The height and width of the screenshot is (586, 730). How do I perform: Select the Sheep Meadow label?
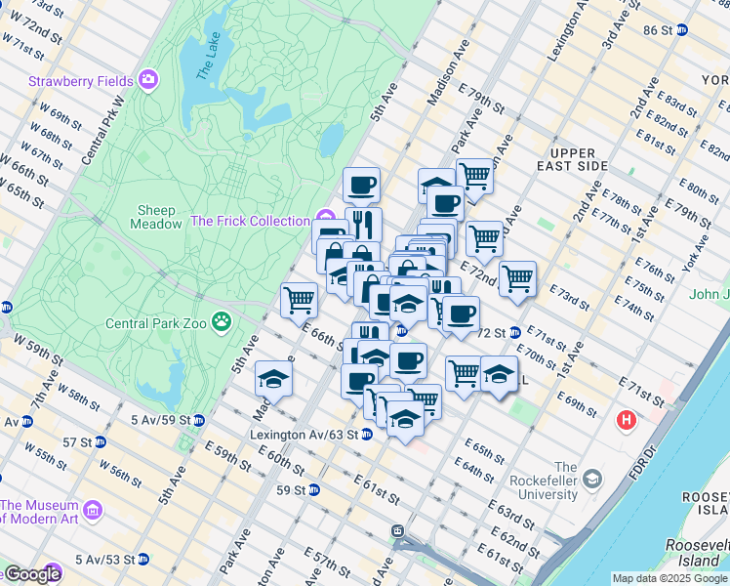(x=156, y=217)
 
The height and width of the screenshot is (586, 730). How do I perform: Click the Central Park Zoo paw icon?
(x=223, y=319)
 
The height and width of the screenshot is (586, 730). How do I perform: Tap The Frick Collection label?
(x=250, y=221)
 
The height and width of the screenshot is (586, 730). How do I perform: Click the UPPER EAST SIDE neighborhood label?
(x=579, y=160)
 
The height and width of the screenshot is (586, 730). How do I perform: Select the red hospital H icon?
(x=626, y=421)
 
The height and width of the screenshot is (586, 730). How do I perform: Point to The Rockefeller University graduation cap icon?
(x=591, y=481)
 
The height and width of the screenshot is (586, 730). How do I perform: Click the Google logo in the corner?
(x=31, y=575)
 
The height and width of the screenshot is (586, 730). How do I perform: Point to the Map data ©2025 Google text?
(x=669, y=578)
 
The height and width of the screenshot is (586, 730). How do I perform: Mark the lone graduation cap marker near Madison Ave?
(x=274, y=379)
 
